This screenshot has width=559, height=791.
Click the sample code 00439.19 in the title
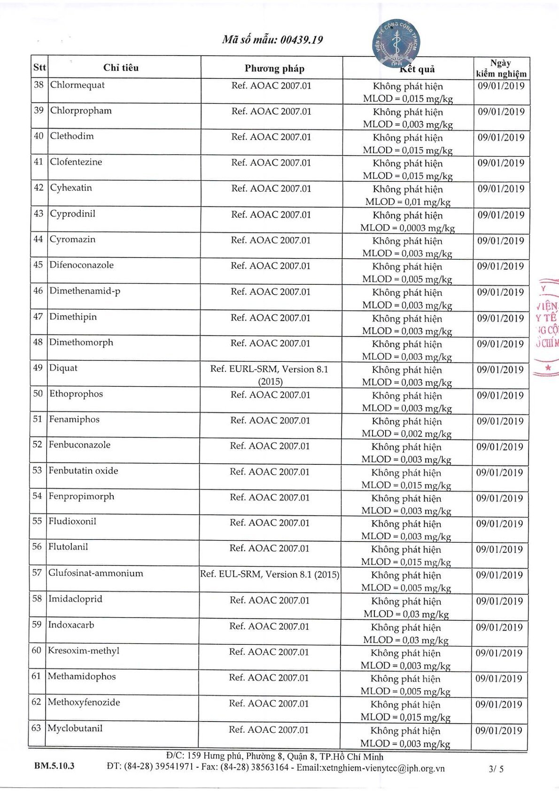(302, 40)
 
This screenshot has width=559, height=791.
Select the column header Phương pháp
(274, 69)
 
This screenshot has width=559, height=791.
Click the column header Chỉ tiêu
(121, 68)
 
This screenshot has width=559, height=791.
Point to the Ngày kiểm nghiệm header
(501, 69)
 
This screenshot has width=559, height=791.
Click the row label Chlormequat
(78, 85)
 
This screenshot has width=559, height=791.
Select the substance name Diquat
(63, 368)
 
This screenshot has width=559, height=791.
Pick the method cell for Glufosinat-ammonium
(270, 574)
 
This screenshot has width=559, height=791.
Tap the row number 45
(38, 265)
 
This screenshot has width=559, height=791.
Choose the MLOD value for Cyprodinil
(408, 228)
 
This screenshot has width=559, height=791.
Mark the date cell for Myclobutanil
(499, 731)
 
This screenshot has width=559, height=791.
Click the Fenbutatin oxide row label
(83, 471)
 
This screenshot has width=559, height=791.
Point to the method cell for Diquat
(270, 375)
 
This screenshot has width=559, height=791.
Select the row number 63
(36, 728)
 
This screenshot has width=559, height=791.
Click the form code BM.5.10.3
(54, 766)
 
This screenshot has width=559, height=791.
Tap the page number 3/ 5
(496, 769)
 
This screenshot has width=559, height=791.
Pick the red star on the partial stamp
(548, 368)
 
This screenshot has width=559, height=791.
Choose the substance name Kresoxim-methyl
(84, 651)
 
